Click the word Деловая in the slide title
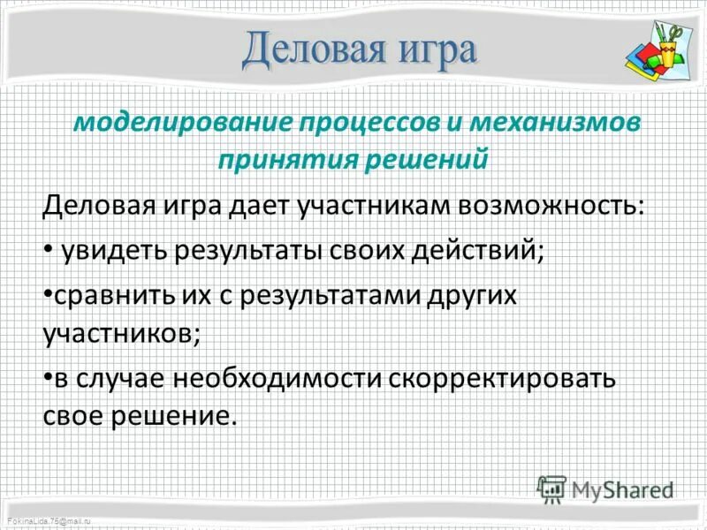[310, 50]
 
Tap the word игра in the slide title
[430, 51]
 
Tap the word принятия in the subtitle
[288, 161]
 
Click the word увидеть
[115, 250]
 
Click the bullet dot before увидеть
[47, 251]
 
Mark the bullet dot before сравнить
[47, 293]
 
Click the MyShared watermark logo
[605, 488]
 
